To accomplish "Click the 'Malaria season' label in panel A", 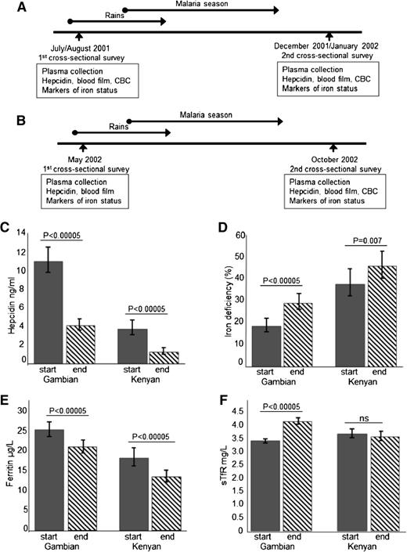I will tap(193, 5).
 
